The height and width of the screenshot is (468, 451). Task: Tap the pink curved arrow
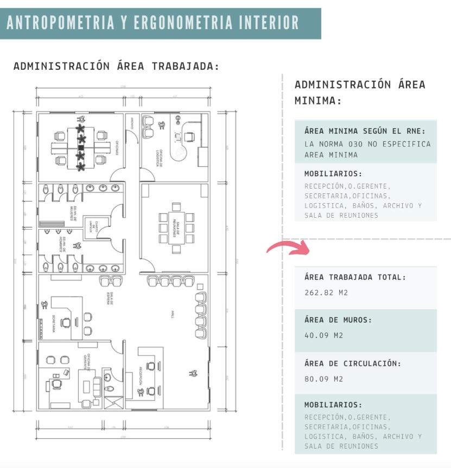point(288,248)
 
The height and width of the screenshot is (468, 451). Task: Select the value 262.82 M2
point(326,292)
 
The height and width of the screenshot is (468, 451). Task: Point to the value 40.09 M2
point(323,335)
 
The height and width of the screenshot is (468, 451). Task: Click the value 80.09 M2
point(323,379)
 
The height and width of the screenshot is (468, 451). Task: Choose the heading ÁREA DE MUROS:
point(338,320)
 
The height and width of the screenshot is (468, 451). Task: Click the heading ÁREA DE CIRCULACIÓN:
point(352,363)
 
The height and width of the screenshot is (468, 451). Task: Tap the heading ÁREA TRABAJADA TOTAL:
point(355,277)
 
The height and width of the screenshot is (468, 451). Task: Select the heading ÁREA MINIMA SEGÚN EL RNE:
point(365,131)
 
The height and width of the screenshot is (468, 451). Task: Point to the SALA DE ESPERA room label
point(109,298)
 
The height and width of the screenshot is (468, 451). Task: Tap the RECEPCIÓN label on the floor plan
point(139,375)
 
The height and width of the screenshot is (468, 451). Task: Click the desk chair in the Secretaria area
point(66,323)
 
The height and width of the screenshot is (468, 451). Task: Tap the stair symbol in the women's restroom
point(50,222)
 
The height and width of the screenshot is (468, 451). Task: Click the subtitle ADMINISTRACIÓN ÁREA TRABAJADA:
point(116,67)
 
